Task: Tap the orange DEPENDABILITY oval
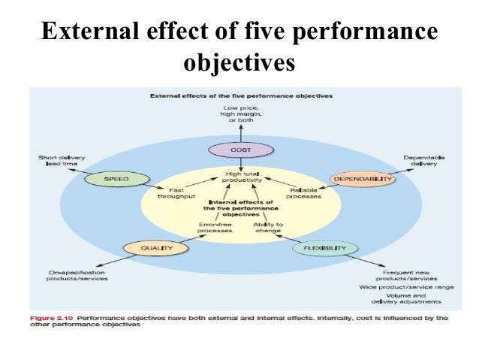362,180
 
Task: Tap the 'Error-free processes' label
216,227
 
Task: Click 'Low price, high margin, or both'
241,117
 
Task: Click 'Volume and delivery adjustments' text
407,298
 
